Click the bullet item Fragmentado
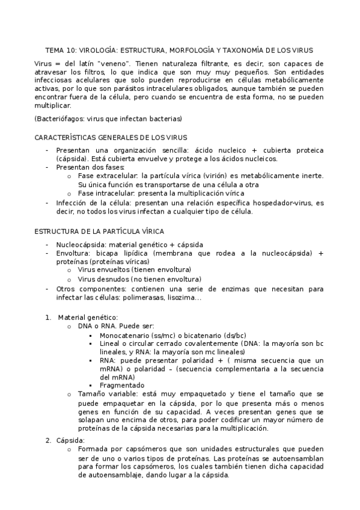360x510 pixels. tap(122, 385)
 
